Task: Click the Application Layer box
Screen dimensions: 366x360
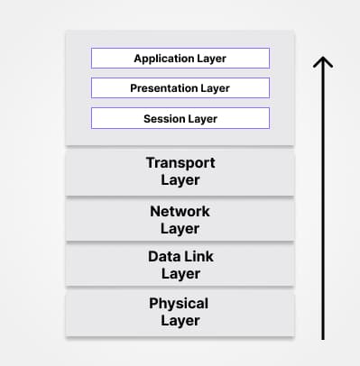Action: (180, 58)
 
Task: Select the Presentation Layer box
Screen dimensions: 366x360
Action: (180, 88)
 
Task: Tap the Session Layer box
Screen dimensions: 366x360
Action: (180, 118)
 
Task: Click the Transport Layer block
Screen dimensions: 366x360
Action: (180, 171)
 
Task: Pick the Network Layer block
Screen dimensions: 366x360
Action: (180, 219)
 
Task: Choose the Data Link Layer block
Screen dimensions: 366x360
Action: (180, 266)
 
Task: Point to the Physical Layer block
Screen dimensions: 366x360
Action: (180, 312)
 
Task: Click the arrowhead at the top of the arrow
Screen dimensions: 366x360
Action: (322, 60)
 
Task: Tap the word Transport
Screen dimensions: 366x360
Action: (180, 163)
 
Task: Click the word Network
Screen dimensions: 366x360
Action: (180, 211)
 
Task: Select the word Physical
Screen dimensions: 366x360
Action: (179, 304)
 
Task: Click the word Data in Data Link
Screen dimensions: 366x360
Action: (162, 258)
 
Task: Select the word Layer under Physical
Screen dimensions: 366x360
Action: (180, 321)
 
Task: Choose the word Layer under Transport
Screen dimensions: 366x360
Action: (180, 180)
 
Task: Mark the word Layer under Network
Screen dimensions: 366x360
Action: (180, 228)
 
